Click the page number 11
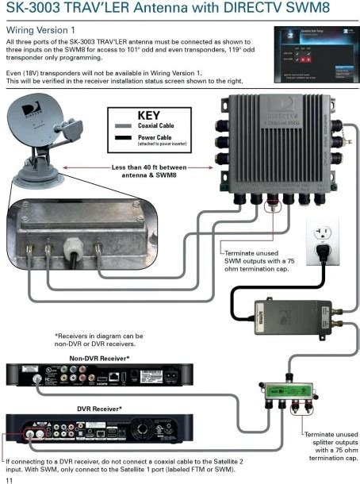click(9, 478)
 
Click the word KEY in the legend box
click(148, 115)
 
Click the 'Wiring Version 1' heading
click(40, 29)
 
